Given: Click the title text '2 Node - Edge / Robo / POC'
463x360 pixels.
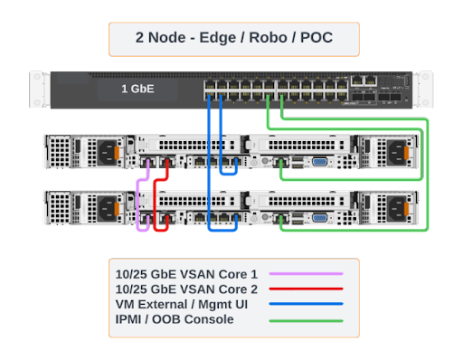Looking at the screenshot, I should pos(233,39).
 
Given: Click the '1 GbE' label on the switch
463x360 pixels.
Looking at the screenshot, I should pos(137,90).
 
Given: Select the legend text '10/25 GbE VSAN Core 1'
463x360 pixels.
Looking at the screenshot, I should pos(187,273).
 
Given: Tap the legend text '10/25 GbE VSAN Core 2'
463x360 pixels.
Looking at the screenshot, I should pos(187,289).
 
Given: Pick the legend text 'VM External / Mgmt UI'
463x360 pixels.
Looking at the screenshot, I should pos(182,304).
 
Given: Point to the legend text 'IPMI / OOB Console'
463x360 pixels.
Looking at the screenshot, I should pos(175,319).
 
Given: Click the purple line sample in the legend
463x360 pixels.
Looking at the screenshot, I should pos(313,273).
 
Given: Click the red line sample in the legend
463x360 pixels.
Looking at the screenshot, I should pos(313,289).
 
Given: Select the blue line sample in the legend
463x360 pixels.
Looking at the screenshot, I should pos(313,304).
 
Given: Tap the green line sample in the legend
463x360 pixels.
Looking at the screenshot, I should pos(313,319).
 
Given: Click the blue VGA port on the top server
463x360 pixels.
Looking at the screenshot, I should pos(319,162).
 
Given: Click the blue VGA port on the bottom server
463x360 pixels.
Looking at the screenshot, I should pos(319,218).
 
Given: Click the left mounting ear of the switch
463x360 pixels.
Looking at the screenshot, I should pos(40,88).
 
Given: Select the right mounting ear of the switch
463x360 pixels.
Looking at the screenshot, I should pos(423,88).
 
